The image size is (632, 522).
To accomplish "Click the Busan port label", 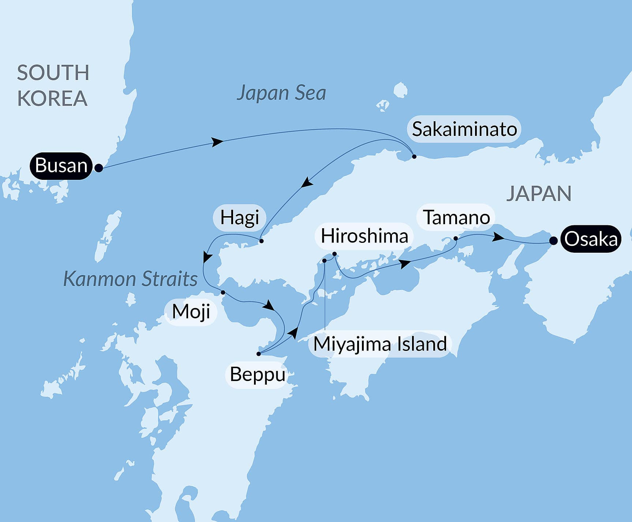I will (x=61, y=166).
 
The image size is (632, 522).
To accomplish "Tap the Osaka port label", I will (x=591, y=239).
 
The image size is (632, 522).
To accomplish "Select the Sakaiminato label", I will (x=464, y=129).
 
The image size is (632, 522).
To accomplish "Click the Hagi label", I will (x=239, y=218).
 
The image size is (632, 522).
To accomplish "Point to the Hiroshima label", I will (x=364, y=236).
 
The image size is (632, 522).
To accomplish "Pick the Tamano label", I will (x=456, y=218).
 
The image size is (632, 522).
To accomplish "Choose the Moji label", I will (x=191, y=312).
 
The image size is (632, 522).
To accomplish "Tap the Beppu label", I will (x=257, y=374).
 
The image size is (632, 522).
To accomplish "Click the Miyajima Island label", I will (x=380, y=344).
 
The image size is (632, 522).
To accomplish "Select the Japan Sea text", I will (x=281, y=93).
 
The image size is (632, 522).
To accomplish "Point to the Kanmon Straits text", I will (x=130, y=279).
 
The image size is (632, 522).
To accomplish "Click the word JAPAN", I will (x=538, y=194).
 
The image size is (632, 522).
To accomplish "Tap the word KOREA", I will (x=52, y=98).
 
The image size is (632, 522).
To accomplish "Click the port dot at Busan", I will (x=98, y=168).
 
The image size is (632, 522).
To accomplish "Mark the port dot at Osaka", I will (x=554, y=241).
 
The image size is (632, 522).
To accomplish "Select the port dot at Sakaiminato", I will (x=414, y=156).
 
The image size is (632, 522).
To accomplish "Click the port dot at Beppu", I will (x=258, y=354).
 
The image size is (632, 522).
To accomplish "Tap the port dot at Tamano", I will (x=456, y=238).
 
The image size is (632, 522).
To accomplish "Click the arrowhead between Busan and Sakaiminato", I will (x=218, y=142).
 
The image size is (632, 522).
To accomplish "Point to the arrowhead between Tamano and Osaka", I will (x=498, y=237).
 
